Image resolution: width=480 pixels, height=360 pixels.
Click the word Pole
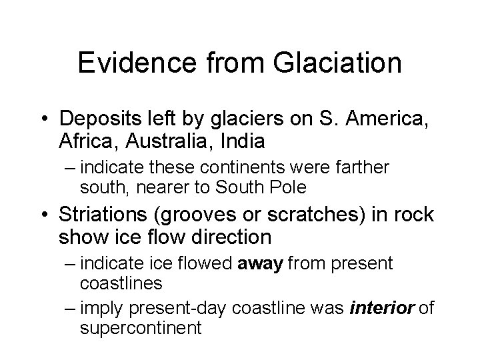(x=287, y=188)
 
